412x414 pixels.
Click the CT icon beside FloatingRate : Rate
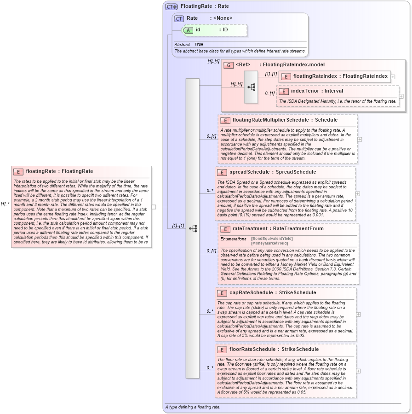point(172,6)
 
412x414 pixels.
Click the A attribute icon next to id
point(188,30)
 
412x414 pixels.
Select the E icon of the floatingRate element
point(18,172)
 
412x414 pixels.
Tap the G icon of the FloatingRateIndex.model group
point(229,65)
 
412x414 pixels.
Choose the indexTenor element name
point(304,91)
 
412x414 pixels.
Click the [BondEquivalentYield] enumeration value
point(272,239)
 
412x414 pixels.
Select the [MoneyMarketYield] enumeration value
point(269,243)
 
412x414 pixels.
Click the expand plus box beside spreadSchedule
point(358,194)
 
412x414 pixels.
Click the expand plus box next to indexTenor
point(401,96)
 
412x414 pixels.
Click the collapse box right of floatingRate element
point(154,207)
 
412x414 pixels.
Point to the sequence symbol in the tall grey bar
point(193,228)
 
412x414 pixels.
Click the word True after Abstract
point(199,45)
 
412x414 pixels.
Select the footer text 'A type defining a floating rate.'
point(192,407)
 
